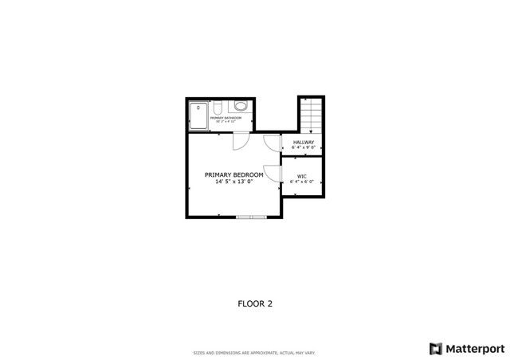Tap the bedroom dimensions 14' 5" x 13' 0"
click(x=233, y=182)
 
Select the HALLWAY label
click(x=304, y=143)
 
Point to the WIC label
click(x=302, y=176)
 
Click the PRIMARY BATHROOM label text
click(x=226, y=118)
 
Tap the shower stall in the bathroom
click(x=198, y=116)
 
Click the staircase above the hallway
click(x=310, y=115)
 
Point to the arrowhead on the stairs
click(x=310, y=130)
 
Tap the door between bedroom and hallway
click(x=273, y=143)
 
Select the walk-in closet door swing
click(x=271, y=174)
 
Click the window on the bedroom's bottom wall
click(x=251, y=217)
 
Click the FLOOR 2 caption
click(x=256, y=303)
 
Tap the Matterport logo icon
click(x=434, y=348)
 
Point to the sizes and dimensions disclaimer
click(x=255, y=352)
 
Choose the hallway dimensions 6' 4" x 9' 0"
click(x=304, y=148)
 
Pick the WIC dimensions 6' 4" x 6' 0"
click(x=302, y=182)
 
